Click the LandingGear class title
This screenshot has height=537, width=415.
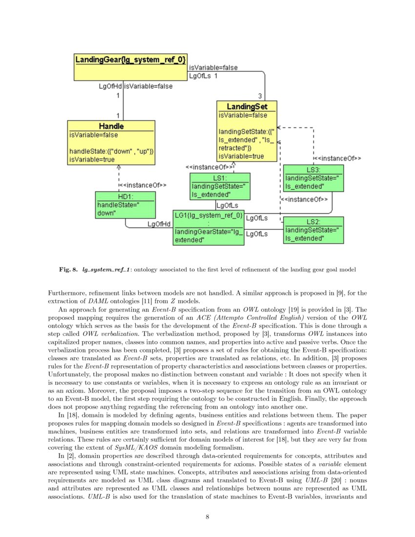130,60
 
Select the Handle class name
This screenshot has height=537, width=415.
111,126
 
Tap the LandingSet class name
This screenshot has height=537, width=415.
247,106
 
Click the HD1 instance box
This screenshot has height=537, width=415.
125,205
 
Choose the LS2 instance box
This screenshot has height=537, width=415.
313,230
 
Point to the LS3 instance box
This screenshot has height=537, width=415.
313,179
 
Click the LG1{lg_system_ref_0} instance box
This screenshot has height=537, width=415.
208,227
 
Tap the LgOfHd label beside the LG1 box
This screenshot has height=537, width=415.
159,224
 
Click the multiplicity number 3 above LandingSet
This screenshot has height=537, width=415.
260,96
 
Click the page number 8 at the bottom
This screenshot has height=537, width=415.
207,517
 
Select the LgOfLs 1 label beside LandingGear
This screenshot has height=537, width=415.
203,76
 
